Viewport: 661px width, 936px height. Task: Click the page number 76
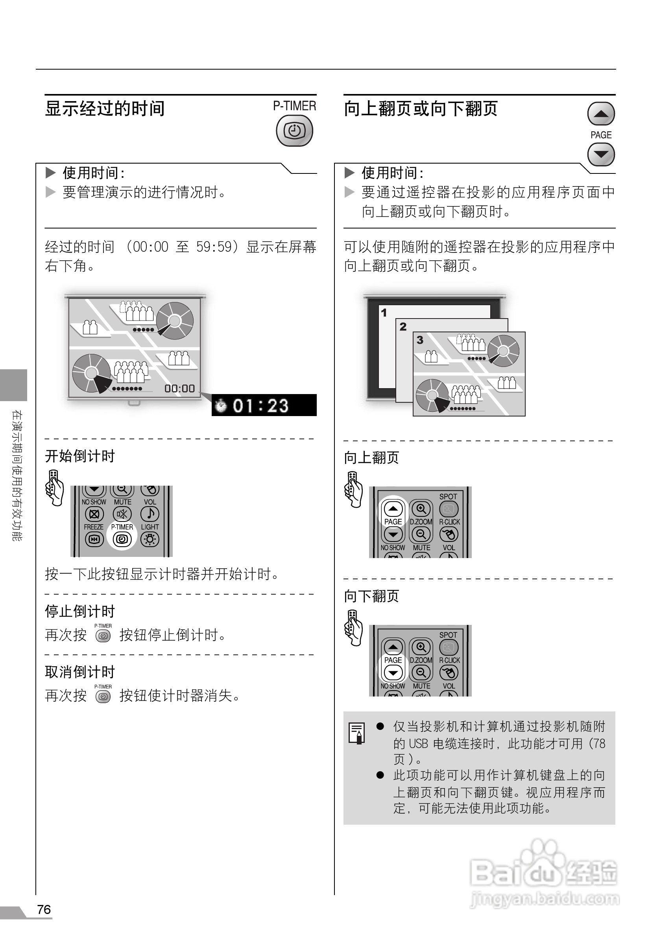[x=44, y=910]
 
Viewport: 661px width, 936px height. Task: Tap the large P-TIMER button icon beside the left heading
[x=294, y=131]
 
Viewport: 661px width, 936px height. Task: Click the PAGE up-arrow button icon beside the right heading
[x=601, y=114]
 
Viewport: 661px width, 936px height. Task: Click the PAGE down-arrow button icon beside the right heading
[x=601, y=155]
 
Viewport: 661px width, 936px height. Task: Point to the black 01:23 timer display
[x=264, y=405]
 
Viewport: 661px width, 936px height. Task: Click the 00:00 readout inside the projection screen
[x=179, y=389]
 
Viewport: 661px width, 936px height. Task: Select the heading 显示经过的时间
[x=105, y=109]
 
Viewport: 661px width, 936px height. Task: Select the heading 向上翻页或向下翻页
[x=421, y=109]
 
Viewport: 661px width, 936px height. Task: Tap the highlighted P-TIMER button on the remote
[x=122, y=539]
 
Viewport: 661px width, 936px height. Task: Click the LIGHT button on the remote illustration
[x=150, y=539]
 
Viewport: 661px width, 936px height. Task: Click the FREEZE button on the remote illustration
[x=94, y=539]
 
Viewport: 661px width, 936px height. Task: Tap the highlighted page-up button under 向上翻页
[x=393, y=509]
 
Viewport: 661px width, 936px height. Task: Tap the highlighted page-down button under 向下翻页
[x=393, y=673]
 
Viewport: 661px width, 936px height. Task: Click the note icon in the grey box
[x=357, y=733]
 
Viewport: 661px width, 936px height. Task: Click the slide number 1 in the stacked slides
[x=384, y=313]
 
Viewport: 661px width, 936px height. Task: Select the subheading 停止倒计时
[x=80, y=612]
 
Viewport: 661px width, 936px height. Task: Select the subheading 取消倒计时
[x=80, y=672]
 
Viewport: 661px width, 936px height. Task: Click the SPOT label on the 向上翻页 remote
[x=448, y=497]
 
